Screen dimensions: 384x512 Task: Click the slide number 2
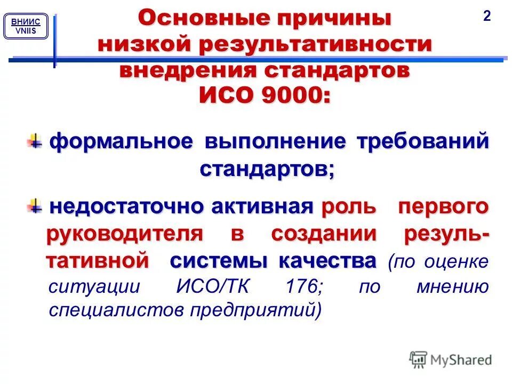pyautogui.click(x=486, y=17)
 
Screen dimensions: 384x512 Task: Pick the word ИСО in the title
pyautogui.click(x=223, y=97)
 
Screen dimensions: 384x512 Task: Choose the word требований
pyautogui.click(x=423, y=142)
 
